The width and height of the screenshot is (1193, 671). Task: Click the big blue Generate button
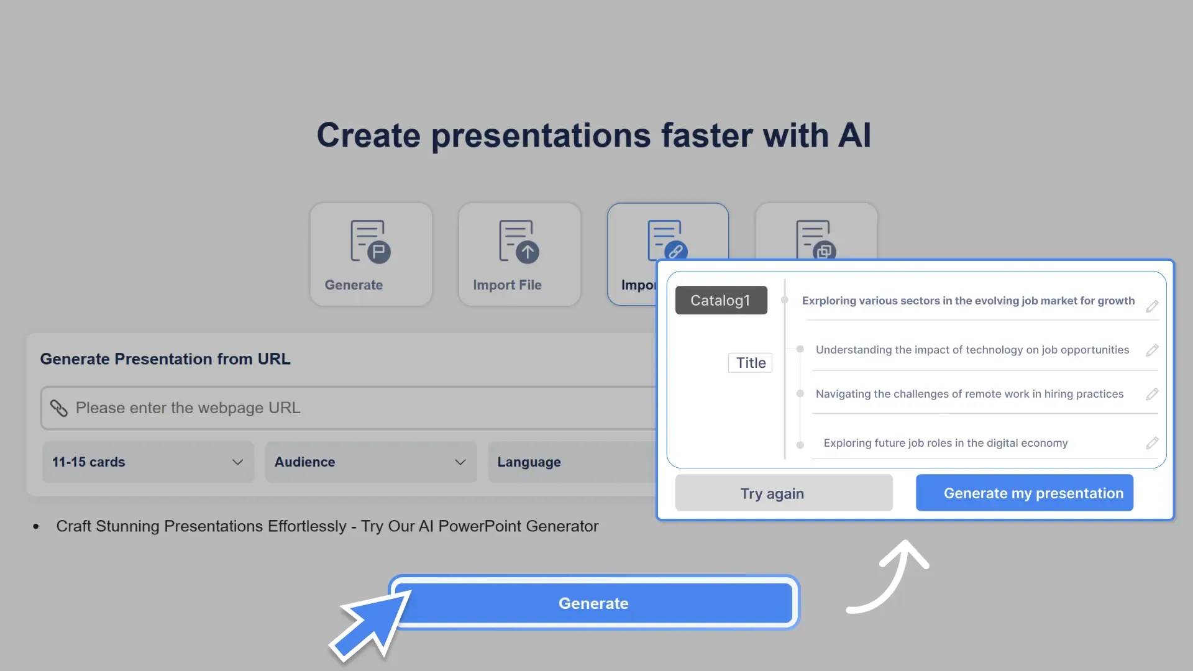593,603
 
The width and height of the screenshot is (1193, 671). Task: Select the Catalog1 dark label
721,300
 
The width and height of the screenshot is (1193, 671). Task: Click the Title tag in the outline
750,363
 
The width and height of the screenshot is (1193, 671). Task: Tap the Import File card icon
519,242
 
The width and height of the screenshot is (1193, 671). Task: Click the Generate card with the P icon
370,254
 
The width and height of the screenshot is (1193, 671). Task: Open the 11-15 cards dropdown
148,462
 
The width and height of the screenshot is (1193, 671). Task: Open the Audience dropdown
370,462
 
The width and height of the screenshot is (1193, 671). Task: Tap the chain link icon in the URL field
59,408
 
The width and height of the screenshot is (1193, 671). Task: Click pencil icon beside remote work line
1152,394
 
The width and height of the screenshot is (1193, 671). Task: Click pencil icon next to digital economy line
1152,443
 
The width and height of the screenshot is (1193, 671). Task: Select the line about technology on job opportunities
972,350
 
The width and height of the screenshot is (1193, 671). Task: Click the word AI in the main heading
854,135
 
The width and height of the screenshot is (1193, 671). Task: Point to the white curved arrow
892,578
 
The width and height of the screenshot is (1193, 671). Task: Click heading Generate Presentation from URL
165,358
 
